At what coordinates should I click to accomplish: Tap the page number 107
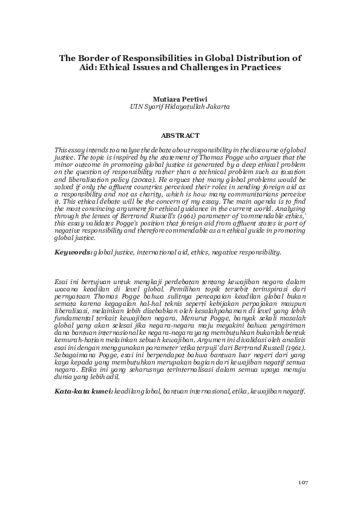pos(304,481)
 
